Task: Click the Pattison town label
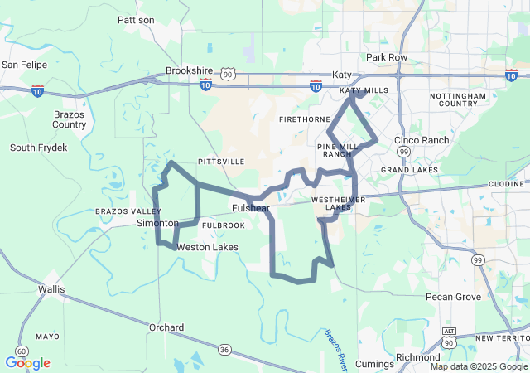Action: click(136, 19)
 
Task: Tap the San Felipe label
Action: click(24, 64)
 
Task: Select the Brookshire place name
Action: click(190, 71)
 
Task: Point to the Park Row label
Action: click(387, 57)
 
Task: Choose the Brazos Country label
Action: click(69, 119)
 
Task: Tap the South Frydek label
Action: click(37, 148)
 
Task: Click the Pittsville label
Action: click(221, 162)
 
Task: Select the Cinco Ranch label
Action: click(422, 140)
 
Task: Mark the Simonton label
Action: click(157, 224)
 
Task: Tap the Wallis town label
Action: click(52, 289)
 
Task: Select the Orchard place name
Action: click(166, 327)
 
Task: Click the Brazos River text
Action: click(335, 347)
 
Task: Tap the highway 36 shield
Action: click(224, 350)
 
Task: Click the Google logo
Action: click(28, 363)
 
